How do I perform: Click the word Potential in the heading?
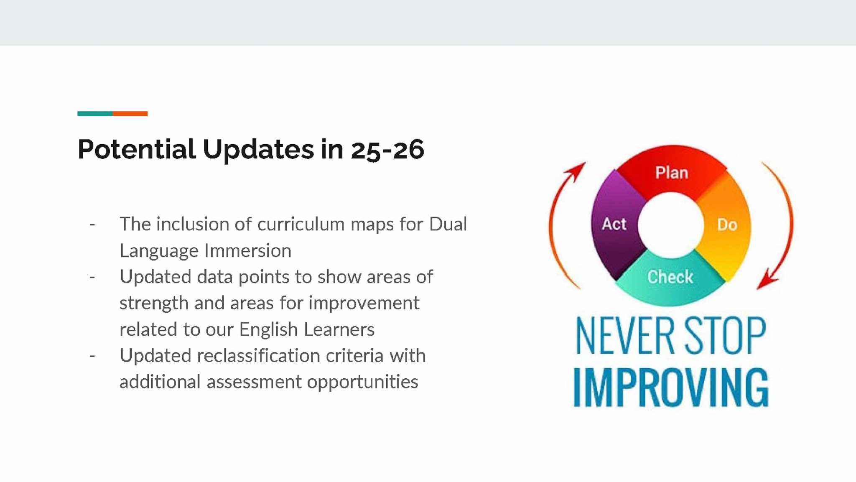point(137,149)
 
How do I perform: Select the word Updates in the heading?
point(258,149)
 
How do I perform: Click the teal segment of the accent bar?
point(95,114)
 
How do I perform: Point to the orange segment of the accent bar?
point(130,114)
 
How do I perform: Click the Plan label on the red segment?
point(672,173)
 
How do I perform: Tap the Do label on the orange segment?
point(727,225)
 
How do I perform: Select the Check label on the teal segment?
point(670,277)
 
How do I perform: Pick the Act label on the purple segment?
point(614,224)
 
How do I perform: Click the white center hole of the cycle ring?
point(671,225)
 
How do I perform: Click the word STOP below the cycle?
point(725,336)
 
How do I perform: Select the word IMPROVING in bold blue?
point(671,388)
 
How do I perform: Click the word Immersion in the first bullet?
point(248,251)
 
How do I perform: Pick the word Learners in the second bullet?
point(339,329)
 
